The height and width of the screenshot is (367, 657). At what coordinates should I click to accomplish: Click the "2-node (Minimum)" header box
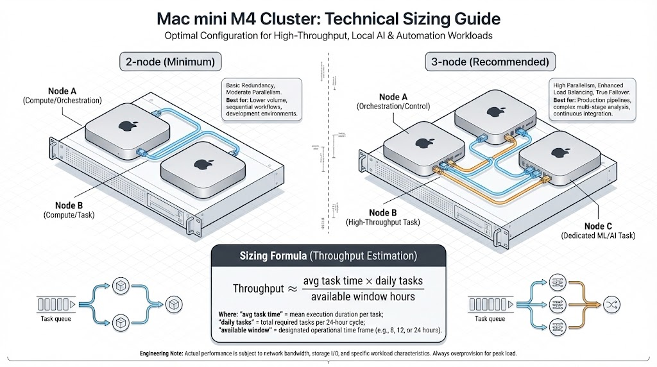point(171,62)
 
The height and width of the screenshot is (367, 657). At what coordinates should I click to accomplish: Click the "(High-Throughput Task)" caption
point(382,222)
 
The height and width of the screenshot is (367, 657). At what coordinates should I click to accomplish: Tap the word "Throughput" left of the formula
point(258,289)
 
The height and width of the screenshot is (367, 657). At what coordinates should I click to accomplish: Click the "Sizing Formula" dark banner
point(328,255)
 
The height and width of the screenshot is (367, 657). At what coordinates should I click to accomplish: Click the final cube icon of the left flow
point(173,302)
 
